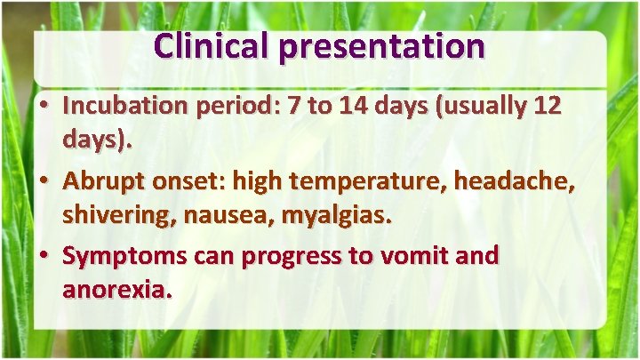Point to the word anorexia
(114, 291)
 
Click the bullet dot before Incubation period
(44, 106)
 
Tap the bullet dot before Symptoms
(44, 257)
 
